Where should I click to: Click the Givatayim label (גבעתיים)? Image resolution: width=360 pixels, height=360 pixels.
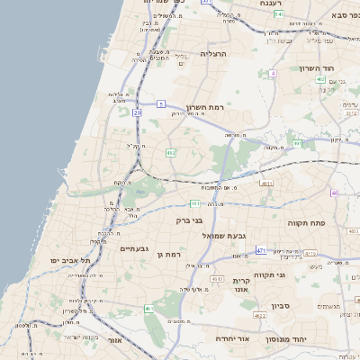coord(134,247)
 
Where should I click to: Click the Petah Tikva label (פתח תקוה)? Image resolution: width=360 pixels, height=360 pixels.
coord(306,221)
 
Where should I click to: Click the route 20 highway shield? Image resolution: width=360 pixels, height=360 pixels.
coord(137,113)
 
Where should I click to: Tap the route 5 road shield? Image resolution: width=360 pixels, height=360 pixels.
coord(161,105)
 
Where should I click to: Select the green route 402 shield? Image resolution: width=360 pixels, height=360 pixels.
coord(321,80)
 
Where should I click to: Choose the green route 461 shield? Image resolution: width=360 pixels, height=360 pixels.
coord(148,309)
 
